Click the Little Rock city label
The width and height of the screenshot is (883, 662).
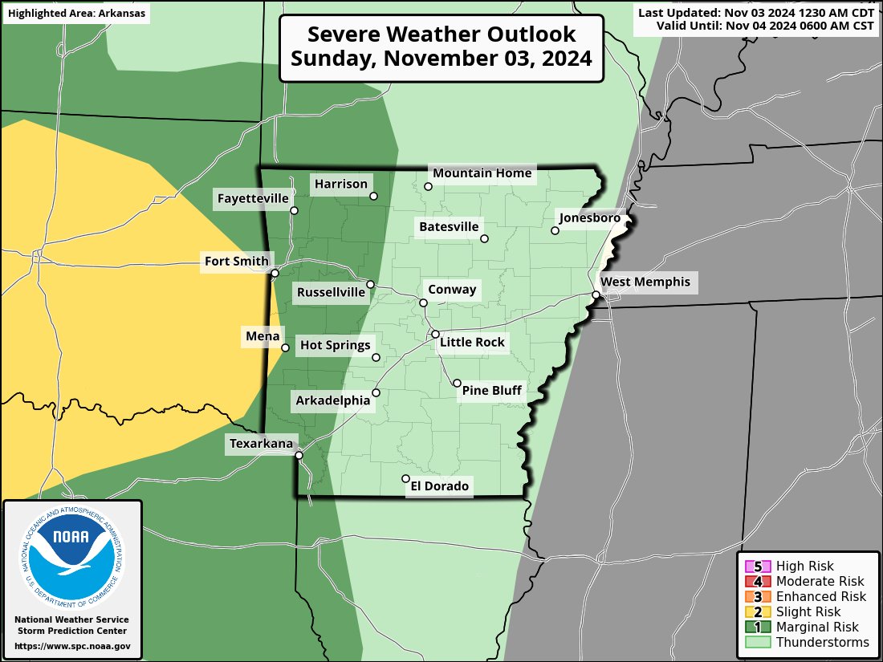472,343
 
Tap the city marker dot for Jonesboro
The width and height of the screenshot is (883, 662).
555,231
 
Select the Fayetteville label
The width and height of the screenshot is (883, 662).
253,198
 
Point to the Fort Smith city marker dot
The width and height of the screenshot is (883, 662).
275,274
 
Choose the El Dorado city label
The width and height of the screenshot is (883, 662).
439,486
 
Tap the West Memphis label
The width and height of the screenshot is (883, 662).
645,282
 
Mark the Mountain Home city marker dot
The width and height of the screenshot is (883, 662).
429,187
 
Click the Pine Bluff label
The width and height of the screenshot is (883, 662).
491,391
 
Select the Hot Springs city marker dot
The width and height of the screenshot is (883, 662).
376,357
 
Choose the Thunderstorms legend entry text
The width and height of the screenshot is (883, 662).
822,643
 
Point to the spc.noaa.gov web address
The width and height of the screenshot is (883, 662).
72,646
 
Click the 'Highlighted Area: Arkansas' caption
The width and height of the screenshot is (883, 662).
76,14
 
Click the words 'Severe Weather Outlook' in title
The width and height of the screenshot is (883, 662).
441,35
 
